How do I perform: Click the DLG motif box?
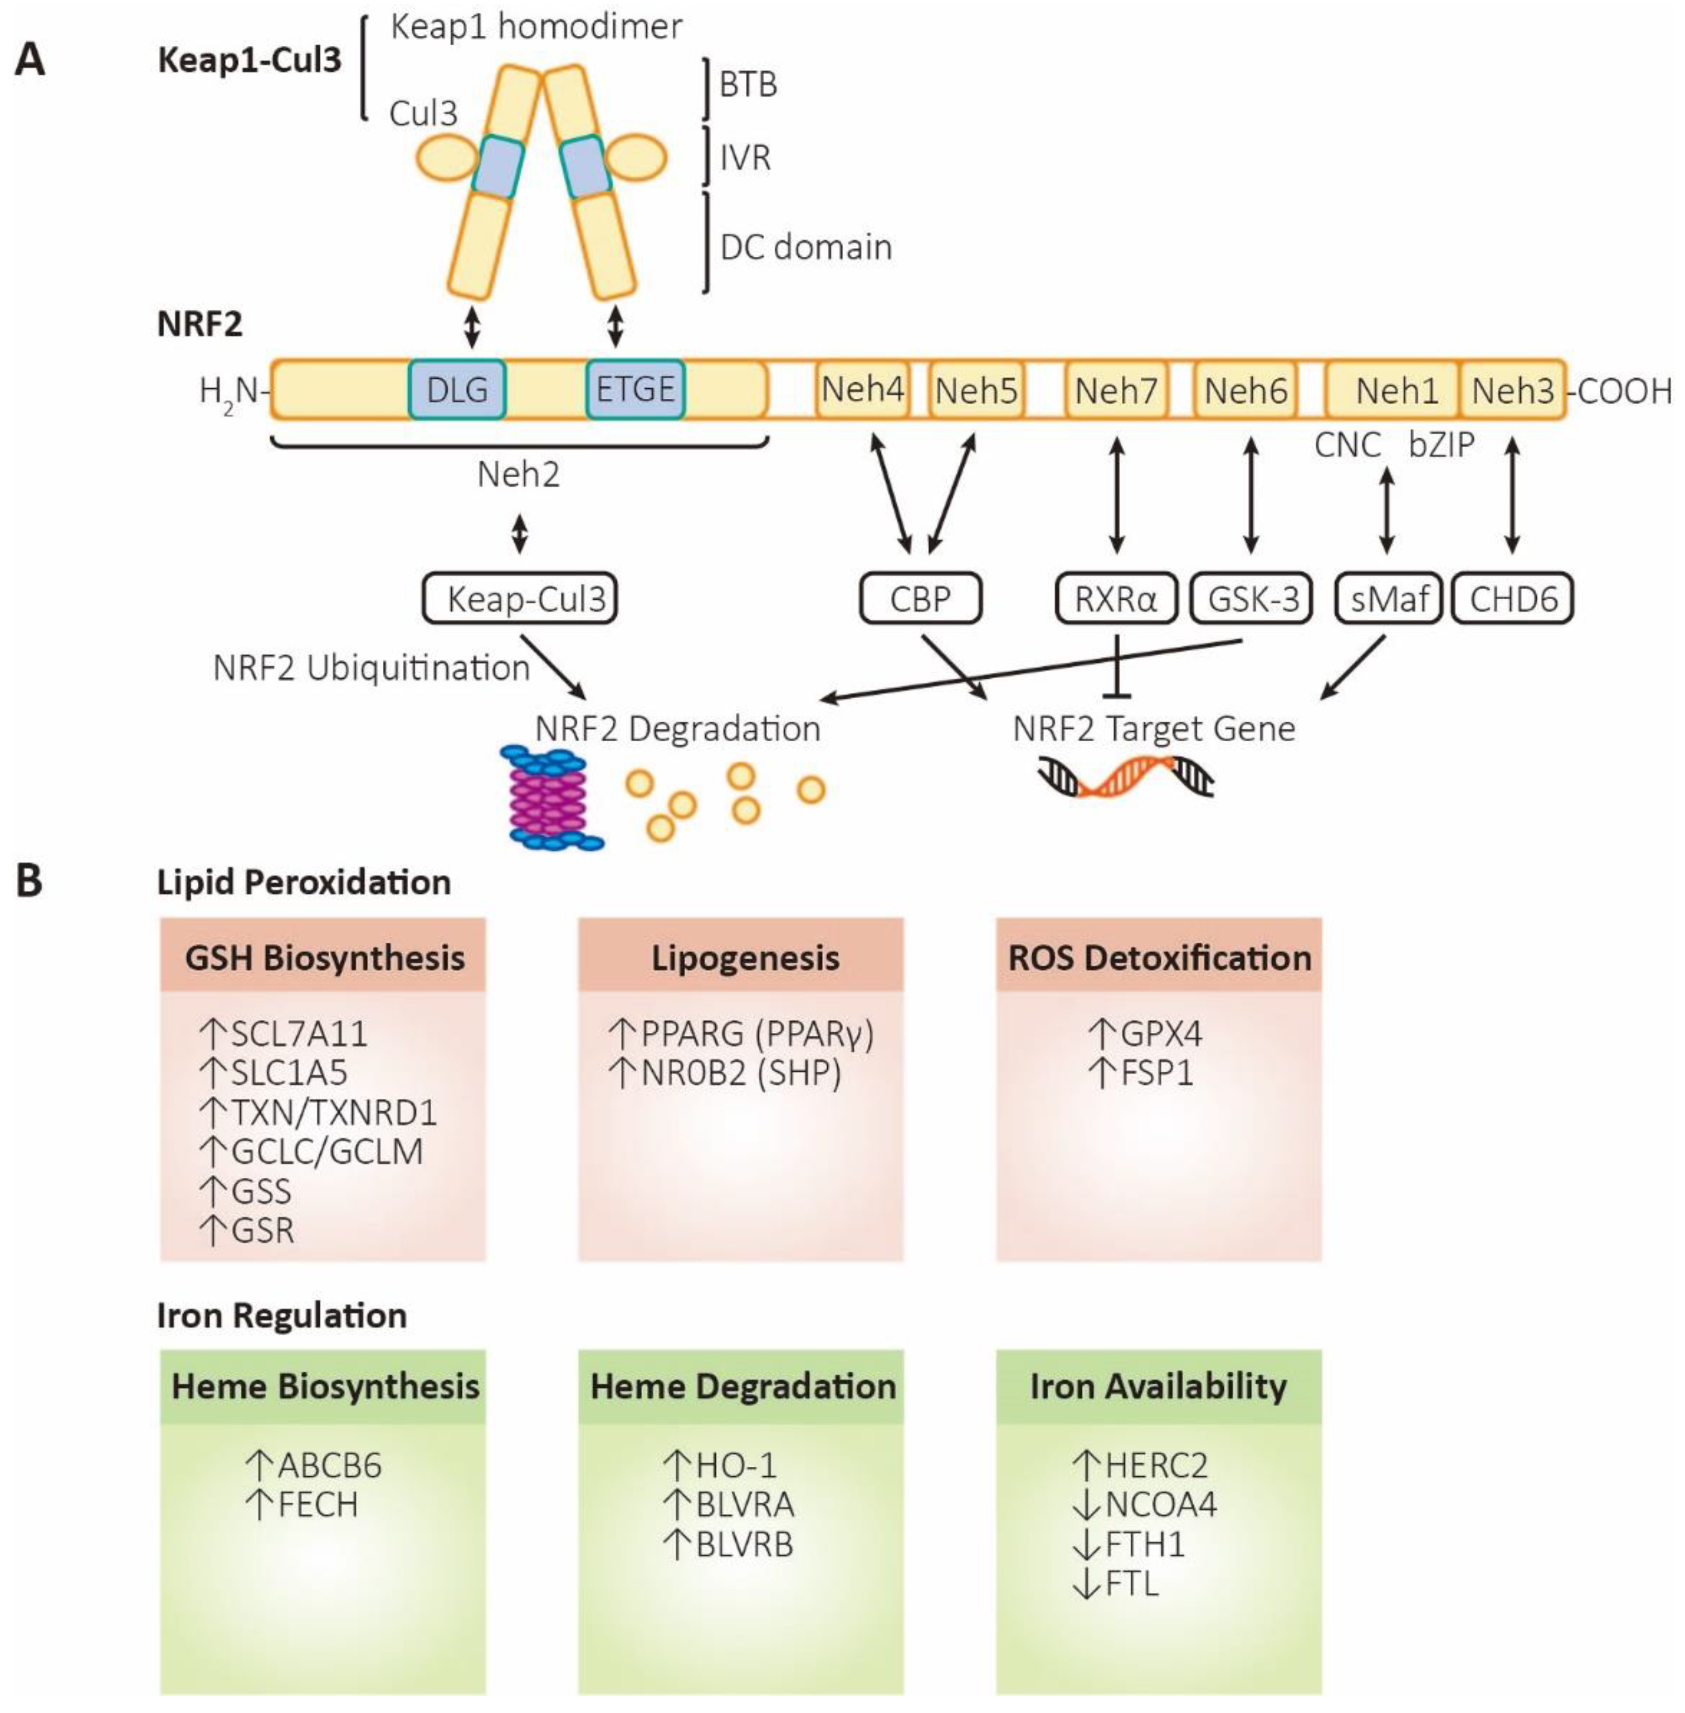pos(458,389)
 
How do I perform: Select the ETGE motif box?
pos(635,389)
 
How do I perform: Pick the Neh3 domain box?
pos(1513,389)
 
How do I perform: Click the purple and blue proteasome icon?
pos(551,798)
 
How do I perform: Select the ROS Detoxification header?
pos(1159,957)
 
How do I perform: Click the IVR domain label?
pos(744,158)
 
